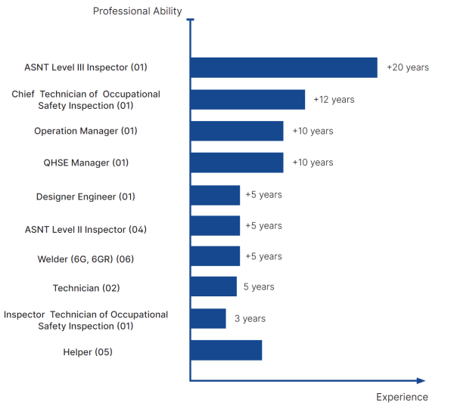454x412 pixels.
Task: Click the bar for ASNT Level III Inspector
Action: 284,67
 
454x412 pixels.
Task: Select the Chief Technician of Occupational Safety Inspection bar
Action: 247,100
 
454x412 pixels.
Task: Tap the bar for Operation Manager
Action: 237,131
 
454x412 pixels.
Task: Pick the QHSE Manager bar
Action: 237,163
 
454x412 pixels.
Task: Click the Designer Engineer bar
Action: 215,195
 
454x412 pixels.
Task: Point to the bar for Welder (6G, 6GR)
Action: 215,256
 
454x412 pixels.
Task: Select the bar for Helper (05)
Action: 226,350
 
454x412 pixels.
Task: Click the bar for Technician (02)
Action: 213,287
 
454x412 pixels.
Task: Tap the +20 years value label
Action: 407,67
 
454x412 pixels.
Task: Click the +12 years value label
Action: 334,100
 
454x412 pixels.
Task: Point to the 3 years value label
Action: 250,319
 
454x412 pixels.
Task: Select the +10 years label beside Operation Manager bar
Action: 313,131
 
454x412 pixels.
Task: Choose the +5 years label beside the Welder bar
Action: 263,256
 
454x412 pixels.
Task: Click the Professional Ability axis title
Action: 138,11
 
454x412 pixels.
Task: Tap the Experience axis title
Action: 402,398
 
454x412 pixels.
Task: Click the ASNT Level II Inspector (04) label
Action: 86,229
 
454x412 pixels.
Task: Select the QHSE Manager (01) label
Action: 86,163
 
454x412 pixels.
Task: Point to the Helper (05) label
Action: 89,352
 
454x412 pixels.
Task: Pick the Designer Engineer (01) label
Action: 86,197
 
